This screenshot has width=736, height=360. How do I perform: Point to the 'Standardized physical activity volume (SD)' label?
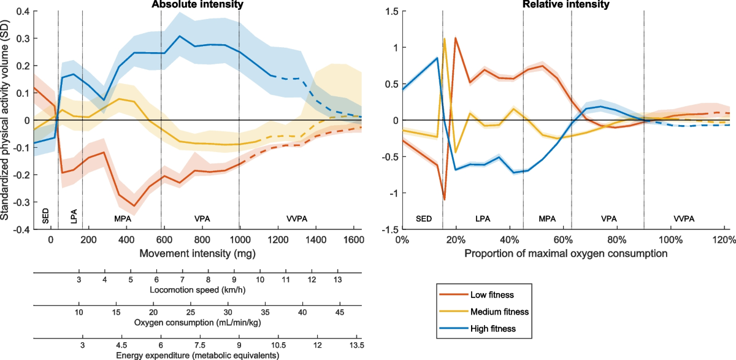pyautogui.click(x=6, y=120)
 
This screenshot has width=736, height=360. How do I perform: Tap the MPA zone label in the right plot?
pyautogui.click(x=547, y=219)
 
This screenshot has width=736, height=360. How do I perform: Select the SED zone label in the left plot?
pyautogui.click(x=43, y=218)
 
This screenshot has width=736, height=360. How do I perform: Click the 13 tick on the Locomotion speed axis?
pyautogui.click(x=338, y=280)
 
